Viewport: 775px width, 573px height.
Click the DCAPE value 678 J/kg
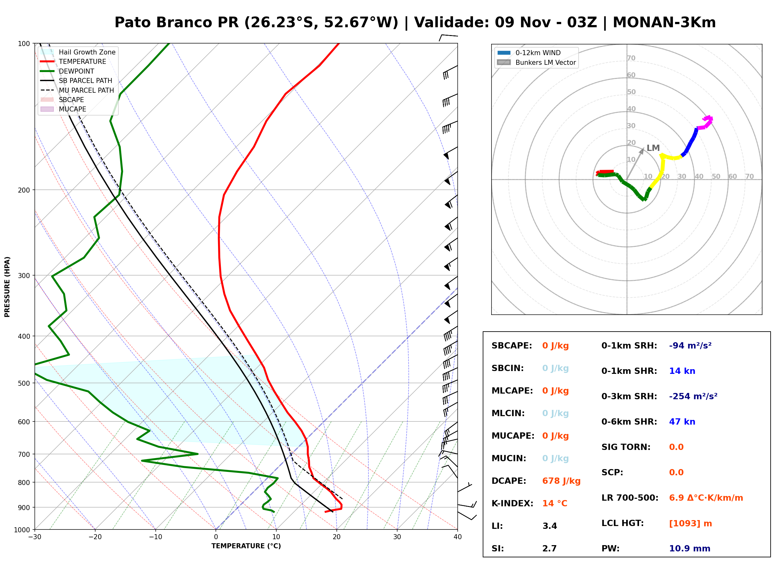(561, 481)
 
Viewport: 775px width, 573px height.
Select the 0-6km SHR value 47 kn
(682, 421)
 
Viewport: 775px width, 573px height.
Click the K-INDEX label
(512, 503)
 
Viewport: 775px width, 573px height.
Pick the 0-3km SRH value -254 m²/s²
(693, 396)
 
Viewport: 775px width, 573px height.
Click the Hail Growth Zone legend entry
(78, 52)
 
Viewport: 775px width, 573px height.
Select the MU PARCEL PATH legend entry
(77, 90)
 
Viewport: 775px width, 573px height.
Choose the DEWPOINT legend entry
(67, 71)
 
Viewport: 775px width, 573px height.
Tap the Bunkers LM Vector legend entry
(536, 62)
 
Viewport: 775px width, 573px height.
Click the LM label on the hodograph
(653, 148)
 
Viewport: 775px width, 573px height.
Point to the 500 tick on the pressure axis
(24, 383)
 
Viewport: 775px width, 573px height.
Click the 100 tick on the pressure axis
(24, 43)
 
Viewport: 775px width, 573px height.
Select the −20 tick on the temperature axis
(95, 537)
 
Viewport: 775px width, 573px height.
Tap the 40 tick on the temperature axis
(457, 537)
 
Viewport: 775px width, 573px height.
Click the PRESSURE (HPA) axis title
(7, 286)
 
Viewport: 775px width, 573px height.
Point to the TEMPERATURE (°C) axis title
(246, 546)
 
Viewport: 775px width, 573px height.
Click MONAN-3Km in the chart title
(664, 22)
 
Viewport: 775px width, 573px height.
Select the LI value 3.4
(549, 526)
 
